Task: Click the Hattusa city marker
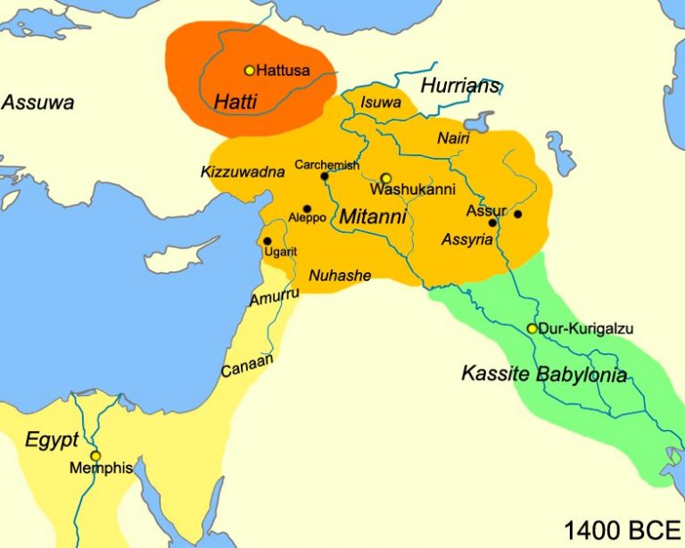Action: [250, 70]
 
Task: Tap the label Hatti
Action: [235, 102]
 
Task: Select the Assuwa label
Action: [37, 102]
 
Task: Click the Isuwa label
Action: [381, 103]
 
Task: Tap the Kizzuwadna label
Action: [243, 171]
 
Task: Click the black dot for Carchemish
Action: [325, 176]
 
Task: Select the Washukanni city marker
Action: [386, 178]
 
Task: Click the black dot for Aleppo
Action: [307, 208]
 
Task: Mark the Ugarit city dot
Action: [267, 241]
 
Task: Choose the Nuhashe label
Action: [339, 276]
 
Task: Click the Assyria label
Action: [466, 240]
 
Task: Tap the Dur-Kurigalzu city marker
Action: [532, 328]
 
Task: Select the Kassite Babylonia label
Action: [544, 374]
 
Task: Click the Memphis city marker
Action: [95, 455]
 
